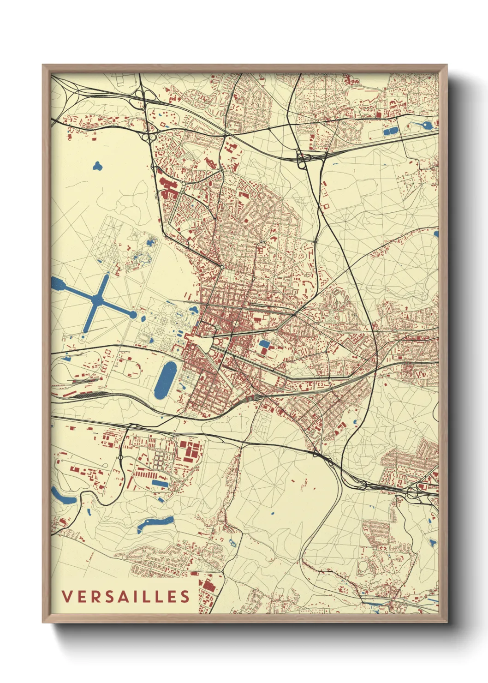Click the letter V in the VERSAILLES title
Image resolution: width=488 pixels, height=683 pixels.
[x=66, y=597]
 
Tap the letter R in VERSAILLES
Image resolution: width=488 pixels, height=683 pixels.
[x=95, y=597]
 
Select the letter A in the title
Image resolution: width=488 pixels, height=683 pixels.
[x=123, y=597]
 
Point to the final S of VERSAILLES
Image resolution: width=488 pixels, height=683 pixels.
[x=184, y=597]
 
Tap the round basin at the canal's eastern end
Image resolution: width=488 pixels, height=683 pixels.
[x=133, y=315]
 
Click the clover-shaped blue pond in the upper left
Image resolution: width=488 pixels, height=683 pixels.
[x=97, y=165]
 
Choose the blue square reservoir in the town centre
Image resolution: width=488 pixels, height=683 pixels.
[x=265, y=344]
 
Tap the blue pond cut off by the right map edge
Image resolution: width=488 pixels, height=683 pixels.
[x=436, y=234]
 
